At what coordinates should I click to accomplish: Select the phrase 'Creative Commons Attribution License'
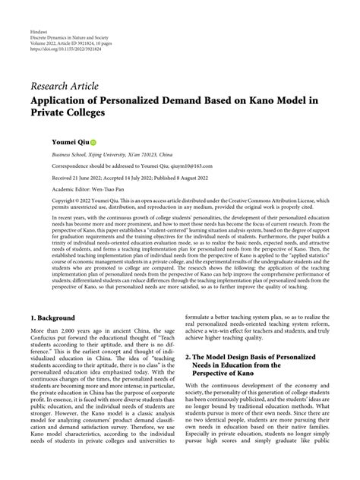[280, 201]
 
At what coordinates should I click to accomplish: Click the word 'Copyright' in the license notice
[44, 201]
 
